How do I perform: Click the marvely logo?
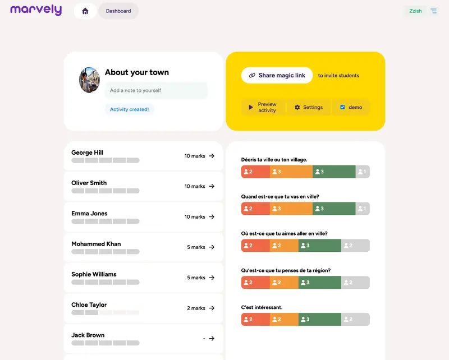point(36,10)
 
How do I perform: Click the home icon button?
point(85,11)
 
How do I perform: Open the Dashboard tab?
point(118,11)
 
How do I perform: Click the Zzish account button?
point(415,11)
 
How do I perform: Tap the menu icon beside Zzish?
point(434,11)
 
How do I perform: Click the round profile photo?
point(89,80)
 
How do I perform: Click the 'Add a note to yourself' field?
point(156,90)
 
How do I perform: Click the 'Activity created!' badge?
point(129,109)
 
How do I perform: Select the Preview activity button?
point(263,107)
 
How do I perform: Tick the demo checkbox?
point(342,107)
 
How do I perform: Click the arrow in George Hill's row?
point(212,156)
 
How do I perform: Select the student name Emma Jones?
point(89,213)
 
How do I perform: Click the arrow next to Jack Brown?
point(212,338)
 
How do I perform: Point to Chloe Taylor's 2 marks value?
point(196,308)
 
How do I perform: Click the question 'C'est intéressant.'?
point(262,307)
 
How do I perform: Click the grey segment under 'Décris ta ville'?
point(363,172)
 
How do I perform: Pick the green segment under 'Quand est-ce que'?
point(334,209)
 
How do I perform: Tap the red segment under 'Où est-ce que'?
point(255,246)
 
